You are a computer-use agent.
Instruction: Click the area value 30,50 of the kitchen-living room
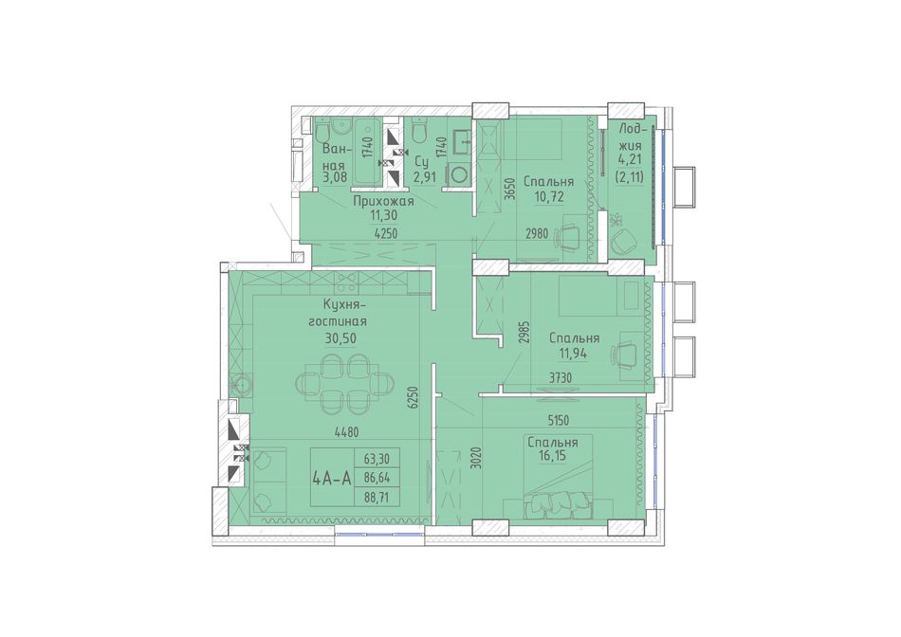340,338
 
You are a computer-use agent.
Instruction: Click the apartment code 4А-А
332,478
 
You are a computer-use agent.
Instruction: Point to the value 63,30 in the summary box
377,459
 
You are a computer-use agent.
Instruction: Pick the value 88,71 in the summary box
377,497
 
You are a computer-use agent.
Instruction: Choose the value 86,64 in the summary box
377,478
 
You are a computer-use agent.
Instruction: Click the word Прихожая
383,202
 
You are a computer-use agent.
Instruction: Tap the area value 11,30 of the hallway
384,215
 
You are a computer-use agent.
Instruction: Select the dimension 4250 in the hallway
386,234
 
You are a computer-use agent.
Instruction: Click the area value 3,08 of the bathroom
335,177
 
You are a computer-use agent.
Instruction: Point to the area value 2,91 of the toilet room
426,177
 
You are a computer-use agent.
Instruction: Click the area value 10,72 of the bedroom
548,196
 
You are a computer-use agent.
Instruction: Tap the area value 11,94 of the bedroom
574,353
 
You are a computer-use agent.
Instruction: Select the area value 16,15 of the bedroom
551,457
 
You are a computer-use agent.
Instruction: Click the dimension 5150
558,421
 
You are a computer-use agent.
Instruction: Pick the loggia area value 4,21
630,156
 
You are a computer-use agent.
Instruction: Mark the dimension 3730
561,377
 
